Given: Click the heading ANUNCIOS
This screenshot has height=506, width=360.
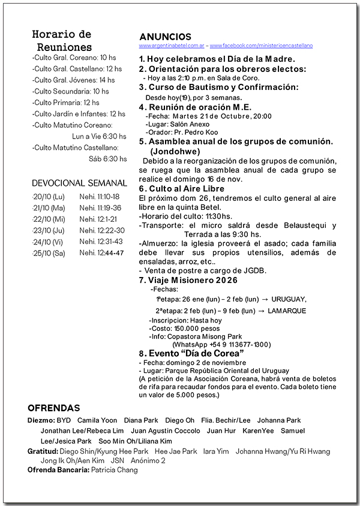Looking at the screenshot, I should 165,37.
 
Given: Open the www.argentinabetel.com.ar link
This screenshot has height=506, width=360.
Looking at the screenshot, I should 172,46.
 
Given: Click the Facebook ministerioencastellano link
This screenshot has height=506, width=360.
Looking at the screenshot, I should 261,46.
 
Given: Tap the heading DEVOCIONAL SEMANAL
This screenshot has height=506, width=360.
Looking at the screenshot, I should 79,183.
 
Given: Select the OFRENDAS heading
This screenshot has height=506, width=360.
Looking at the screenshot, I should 54,408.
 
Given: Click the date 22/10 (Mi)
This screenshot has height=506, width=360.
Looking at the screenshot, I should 49,219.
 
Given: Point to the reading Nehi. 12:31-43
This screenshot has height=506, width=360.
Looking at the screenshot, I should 101,242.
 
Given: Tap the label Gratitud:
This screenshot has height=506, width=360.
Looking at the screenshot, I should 42,451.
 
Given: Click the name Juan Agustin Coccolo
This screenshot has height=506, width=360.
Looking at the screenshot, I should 166,430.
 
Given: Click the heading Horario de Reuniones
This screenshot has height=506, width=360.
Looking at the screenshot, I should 62,40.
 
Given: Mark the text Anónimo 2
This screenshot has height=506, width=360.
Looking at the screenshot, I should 147,460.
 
